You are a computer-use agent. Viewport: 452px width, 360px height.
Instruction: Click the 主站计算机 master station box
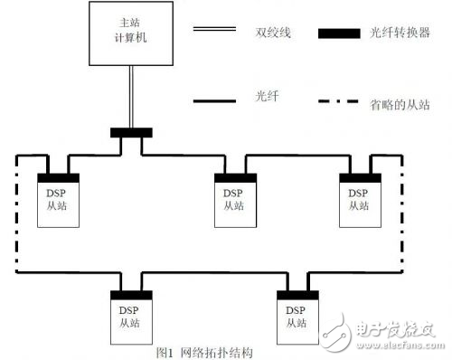point(132,36)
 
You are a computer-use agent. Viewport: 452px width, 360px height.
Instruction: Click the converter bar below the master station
point(132,133)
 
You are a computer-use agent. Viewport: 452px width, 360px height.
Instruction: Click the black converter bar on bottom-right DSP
point(297,295)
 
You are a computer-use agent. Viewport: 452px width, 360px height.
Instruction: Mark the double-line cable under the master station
point(132,100)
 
